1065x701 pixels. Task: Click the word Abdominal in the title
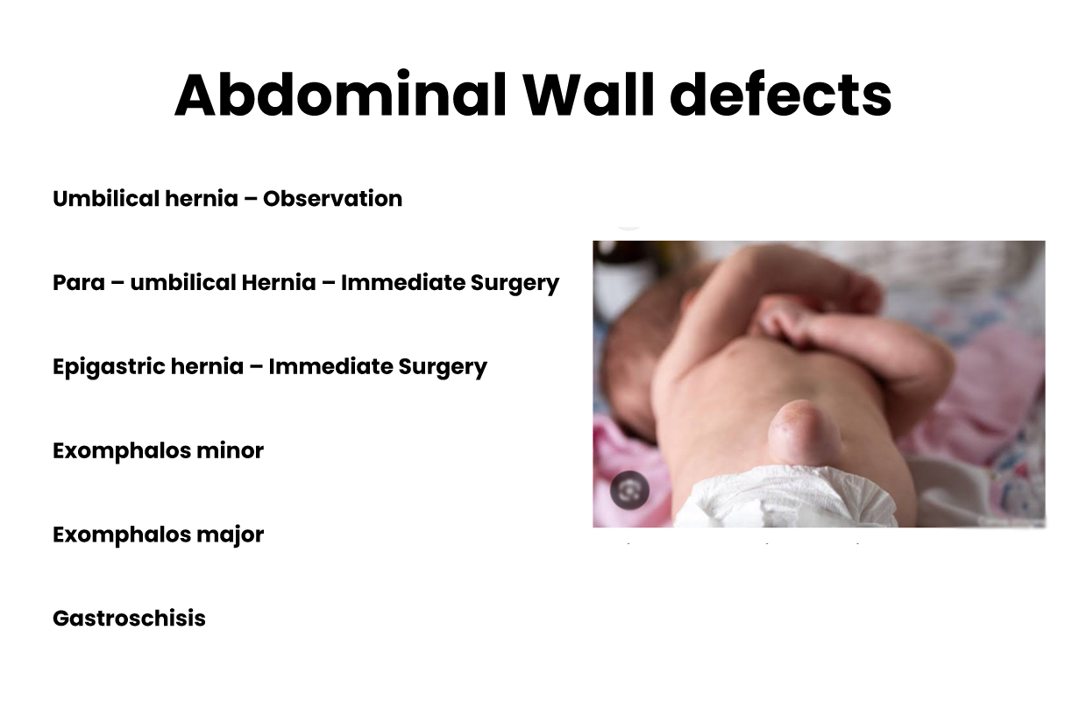coord(340,95)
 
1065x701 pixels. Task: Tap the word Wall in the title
coord(589,94)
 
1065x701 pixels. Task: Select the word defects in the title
coord(781,94)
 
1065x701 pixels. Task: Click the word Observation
coord(332,199)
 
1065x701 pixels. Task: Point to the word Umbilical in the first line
coord(106,199)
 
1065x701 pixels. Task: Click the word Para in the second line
coord(78,283)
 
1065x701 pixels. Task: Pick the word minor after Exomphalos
coord(230,450)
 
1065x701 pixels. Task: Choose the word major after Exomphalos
coord(231,535)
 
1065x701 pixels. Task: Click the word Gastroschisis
coord(130,619)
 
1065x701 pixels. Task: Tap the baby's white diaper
coord(785,497)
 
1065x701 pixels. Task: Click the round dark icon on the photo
coord(630,490)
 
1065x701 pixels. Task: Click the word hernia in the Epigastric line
coord(207,366)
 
